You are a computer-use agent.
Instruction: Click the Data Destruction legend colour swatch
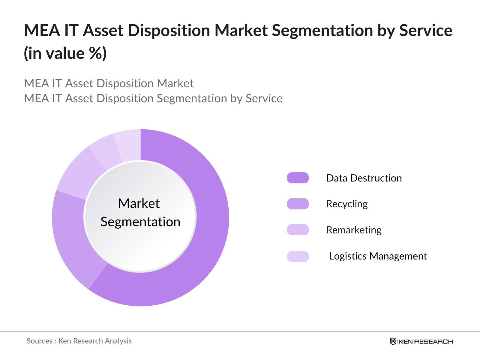click(x=298, y=178)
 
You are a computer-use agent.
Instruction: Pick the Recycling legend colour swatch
click(x=298, y=204)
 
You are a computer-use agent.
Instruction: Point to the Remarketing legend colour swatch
click(x=298, y=230)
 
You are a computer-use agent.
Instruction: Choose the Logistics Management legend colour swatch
click(x=298, y=256)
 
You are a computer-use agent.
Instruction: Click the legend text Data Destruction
click(x=364, y=178)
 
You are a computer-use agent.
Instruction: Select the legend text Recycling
click(x=347, y=204)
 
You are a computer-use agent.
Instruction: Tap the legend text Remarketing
click(x=354, y=230)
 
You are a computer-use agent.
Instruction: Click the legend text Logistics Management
click(x=378, y=256)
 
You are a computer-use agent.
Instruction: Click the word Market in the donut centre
click(x=139, y=203)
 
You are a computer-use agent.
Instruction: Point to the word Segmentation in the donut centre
click(x=140, y=222)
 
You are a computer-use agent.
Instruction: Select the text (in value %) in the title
click(x=65, y=53)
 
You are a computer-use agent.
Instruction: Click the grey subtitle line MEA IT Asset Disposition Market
click(x=109, y=83)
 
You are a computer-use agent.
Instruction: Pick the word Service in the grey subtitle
click(x=264, y=99)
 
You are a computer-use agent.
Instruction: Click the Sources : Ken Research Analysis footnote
click(x=79, y=341)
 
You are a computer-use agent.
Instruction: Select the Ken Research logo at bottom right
click(x=421, y=341)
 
